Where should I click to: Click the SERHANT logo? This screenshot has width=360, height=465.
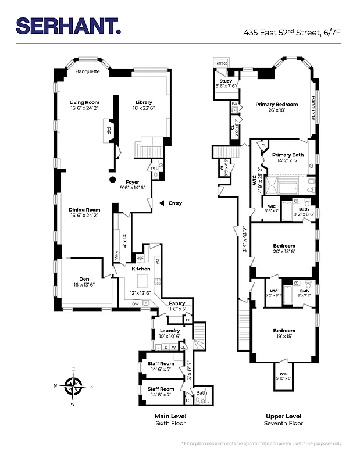69,25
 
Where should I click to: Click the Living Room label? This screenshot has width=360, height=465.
84,102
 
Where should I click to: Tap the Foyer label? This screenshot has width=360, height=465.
133,182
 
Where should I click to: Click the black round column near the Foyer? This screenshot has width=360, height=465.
111,179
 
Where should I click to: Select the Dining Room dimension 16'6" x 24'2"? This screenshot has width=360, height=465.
85,215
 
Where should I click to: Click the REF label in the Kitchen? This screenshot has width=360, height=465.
140,258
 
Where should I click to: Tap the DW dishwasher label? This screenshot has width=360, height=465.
135,303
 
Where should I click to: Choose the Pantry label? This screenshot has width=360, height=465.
177,303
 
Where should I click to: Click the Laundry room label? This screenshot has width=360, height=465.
170,330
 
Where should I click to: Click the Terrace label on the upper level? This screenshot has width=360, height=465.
222,63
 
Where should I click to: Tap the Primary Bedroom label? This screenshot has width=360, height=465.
276,105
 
